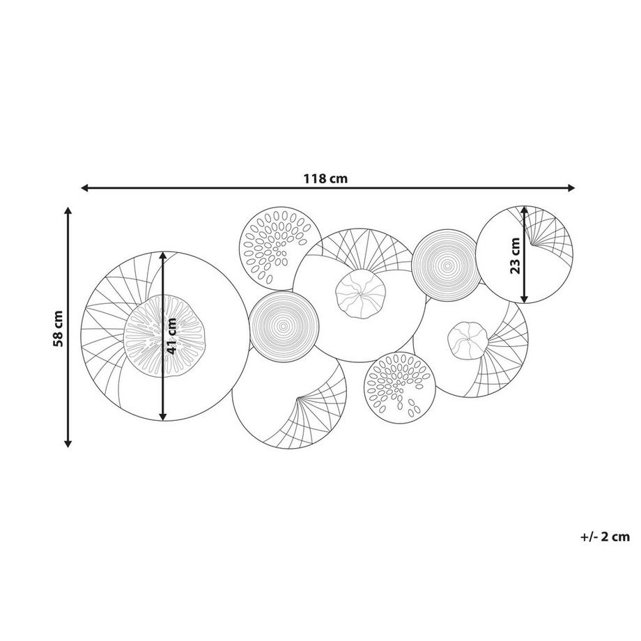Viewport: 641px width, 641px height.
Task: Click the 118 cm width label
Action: pyautogui.click(x=325, y=178)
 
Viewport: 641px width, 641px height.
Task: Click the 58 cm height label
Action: pyautogui.click(x=58, y=329)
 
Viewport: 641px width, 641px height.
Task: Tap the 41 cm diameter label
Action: pyautogui.click(x=172, y=336)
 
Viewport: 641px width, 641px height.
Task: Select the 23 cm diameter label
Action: pyautogui.click(x=516, y=256)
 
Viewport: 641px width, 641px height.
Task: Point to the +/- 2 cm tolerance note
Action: pyautogui.click(x=605, y=536)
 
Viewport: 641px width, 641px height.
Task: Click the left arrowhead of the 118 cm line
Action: pyautogui.click(x=86, y=188)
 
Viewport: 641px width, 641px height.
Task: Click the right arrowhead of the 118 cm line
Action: pyautogui.click(x=571, y=188)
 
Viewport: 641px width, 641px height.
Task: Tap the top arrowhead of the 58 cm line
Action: pyautogui.click(x=68, y=211)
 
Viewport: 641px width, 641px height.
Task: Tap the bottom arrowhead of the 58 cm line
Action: pyautogui.click(x=68, y=442)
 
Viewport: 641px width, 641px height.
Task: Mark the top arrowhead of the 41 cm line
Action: pyautogui.click(x=163, y=256)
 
